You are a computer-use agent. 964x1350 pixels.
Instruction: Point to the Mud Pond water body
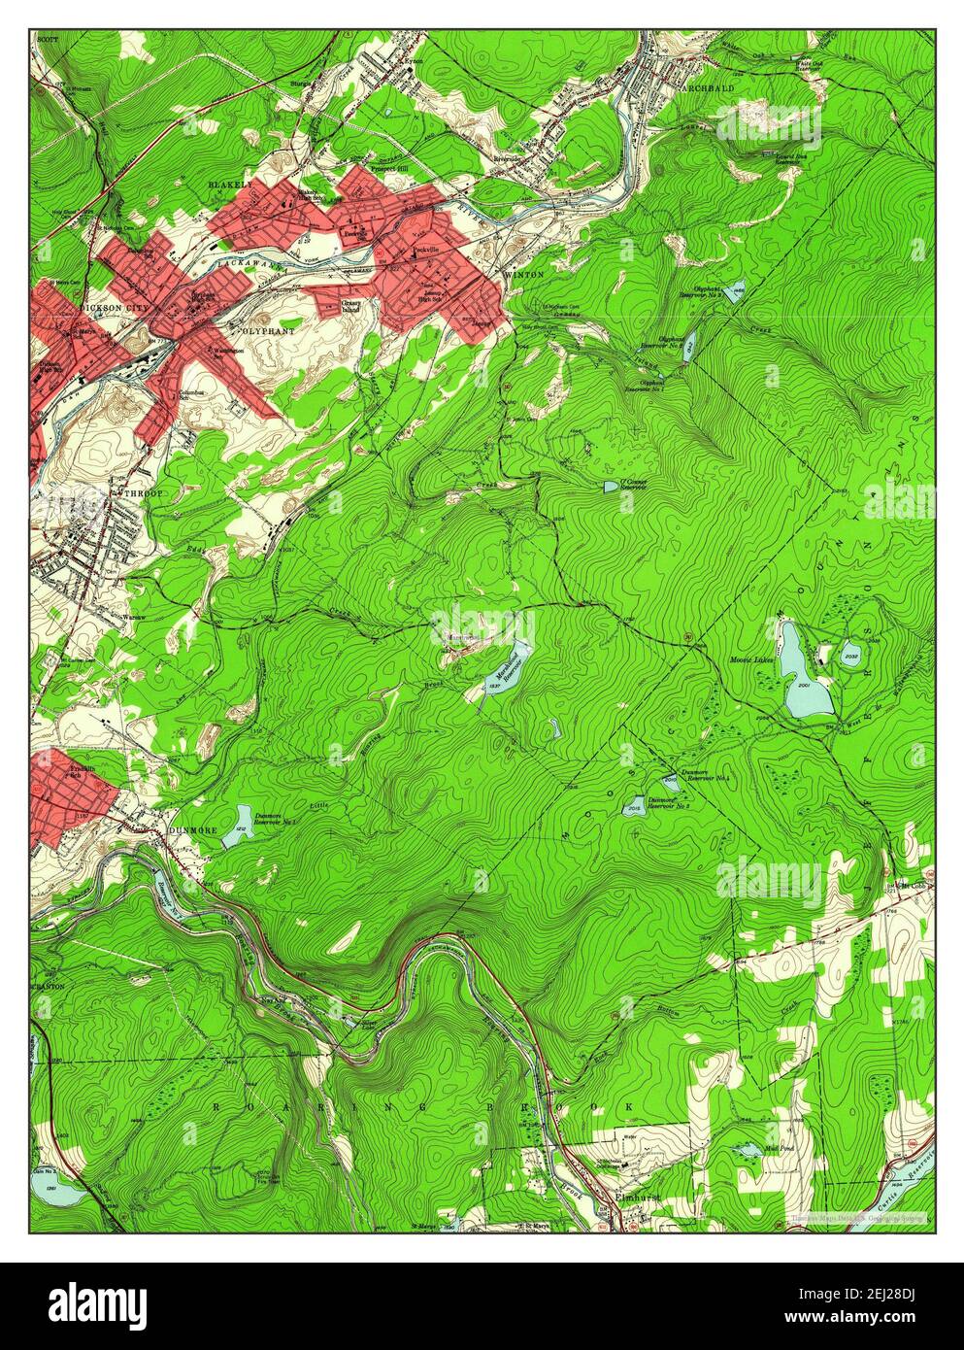(x=748, y=1151)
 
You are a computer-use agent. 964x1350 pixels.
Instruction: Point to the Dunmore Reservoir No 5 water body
(x=633, y=805)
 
